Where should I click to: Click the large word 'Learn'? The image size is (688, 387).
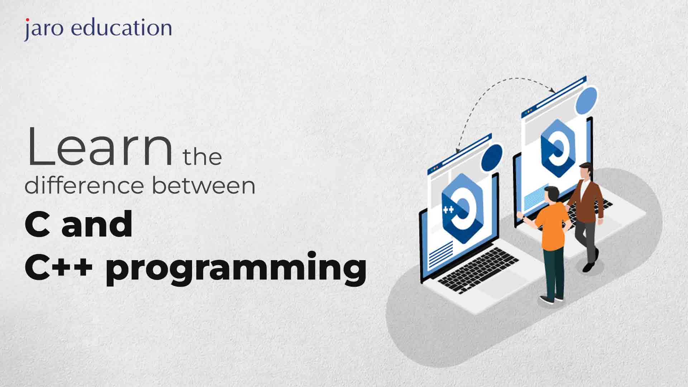[x=100, y=147]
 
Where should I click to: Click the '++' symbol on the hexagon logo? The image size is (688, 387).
[x=448, y=209]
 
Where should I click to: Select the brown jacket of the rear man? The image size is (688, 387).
[x=586, y=199]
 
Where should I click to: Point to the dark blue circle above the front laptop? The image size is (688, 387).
[x=492, y=158]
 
